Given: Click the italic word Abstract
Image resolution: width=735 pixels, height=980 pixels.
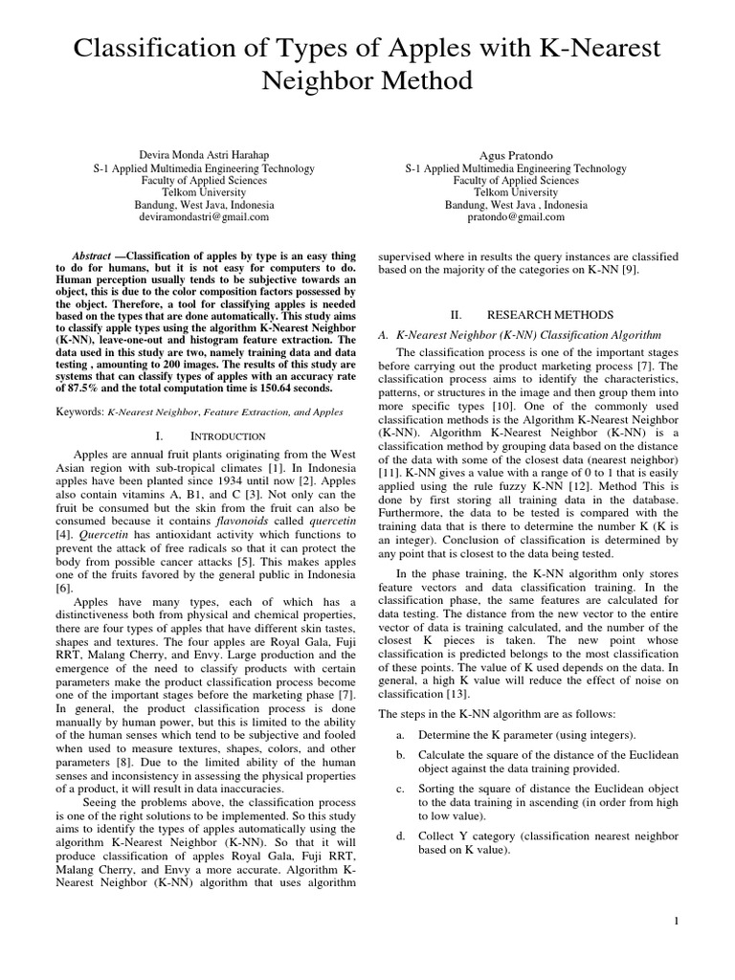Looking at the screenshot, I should (x=92, y=256).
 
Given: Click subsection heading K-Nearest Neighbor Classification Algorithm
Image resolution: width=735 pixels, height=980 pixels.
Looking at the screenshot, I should (x=520, y=336).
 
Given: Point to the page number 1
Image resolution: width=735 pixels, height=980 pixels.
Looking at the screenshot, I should (x=676, y=921).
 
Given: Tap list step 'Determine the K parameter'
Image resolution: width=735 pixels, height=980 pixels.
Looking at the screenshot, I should (x=525, y=735).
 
